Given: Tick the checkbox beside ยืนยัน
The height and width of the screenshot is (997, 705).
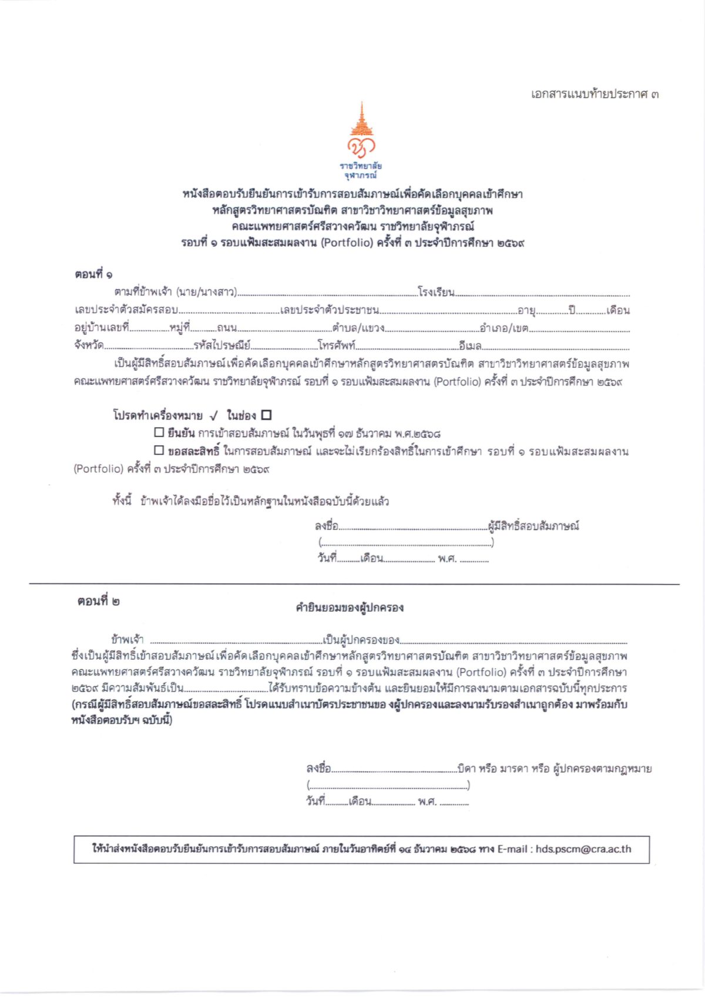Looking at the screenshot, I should point(159,432).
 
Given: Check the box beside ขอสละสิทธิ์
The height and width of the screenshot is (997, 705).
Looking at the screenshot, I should point(159,450).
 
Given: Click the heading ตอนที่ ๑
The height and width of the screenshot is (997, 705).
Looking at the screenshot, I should point(93,274).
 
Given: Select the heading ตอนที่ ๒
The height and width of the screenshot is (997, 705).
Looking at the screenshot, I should point(99,602).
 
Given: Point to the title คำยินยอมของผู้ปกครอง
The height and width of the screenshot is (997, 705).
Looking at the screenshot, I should point(350,607).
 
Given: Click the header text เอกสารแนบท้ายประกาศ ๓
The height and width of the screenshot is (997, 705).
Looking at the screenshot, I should point(594,94).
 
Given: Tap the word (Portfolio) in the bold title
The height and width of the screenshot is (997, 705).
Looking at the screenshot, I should point(347,243).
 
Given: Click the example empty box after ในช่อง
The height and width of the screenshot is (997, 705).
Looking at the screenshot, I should point(266,415).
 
